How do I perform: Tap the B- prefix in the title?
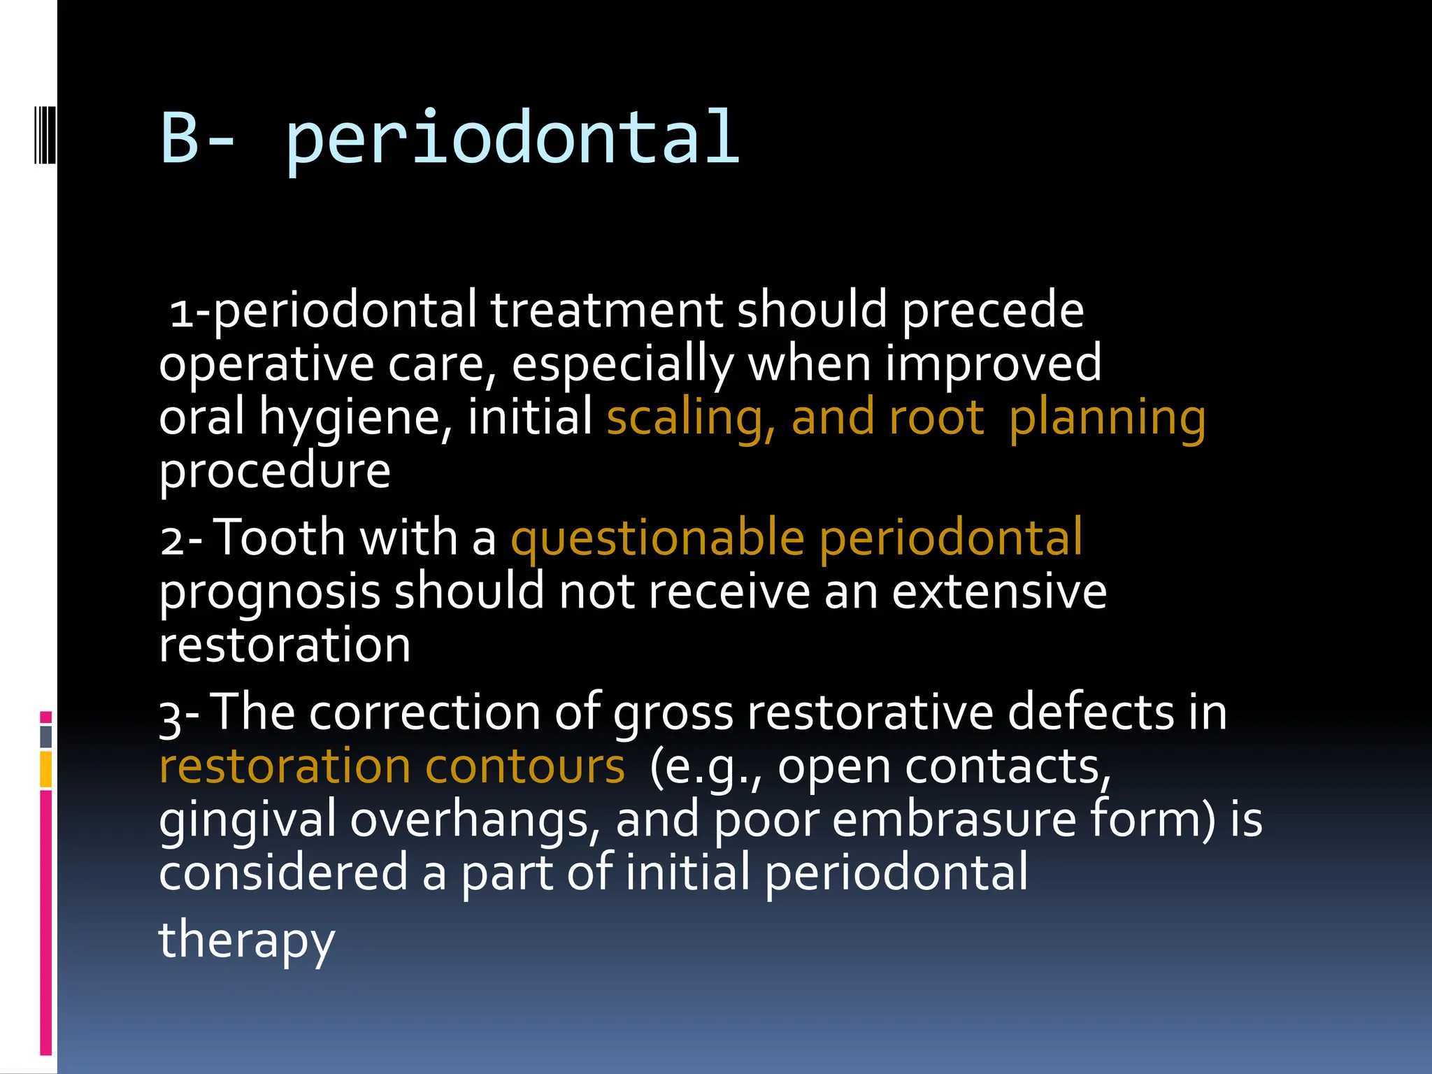[x=198, y=138]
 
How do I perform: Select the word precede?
[x=992, y=310]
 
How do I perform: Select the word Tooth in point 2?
[x=279, y=538]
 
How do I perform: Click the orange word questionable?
[x=657, y=540]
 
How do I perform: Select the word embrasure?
[x=954, y=819]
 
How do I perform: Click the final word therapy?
[x=247, y=941]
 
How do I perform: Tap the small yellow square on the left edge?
[x=46, y=769]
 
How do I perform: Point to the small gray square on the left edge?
[x=46, y=736]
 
